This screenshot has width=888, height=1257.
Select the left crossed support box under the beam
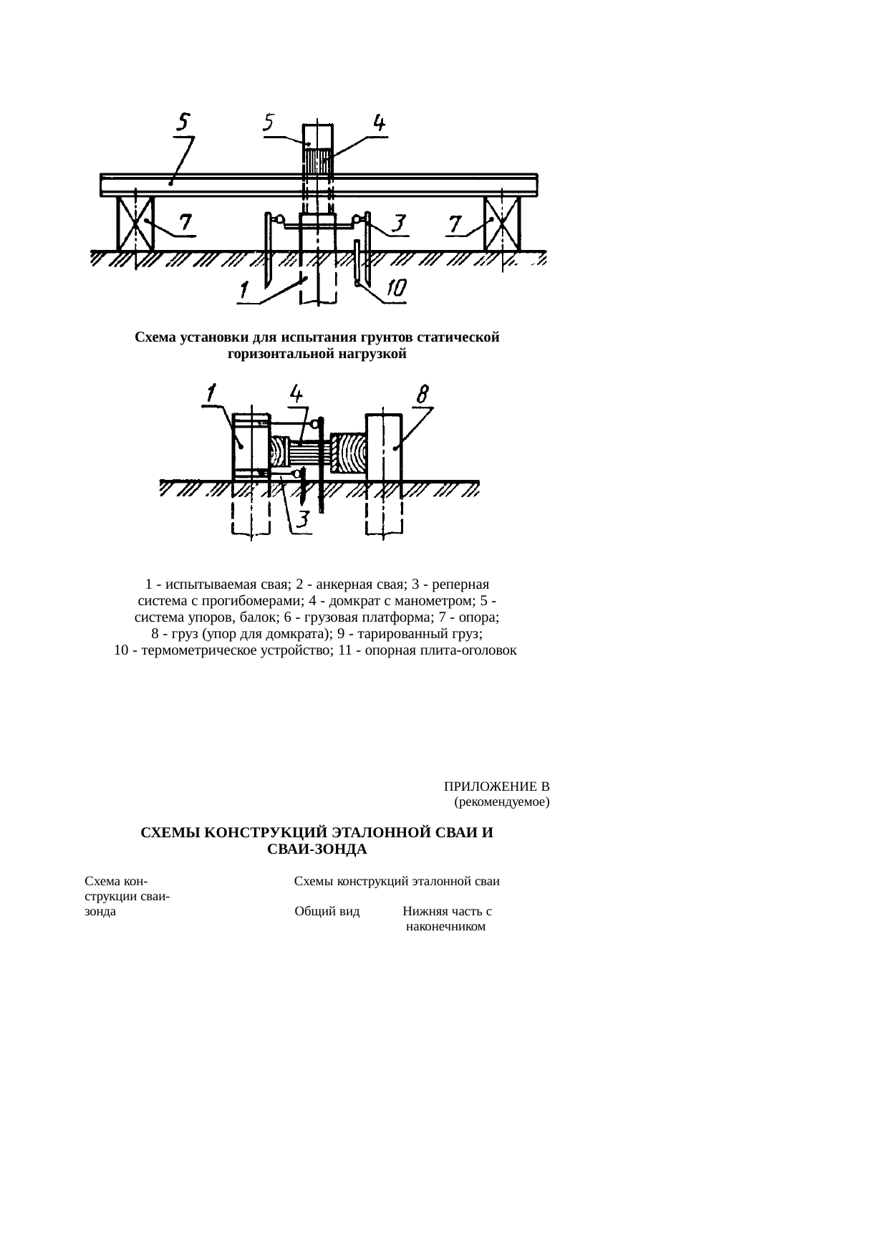tap(135, 223)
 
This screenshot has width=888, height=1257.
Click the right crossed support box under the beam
tap(503, 223)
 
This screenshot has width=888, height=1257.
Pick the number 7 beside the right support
tap(456, 225)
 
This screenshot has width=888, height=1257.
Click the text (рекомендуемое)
tap(502, 802)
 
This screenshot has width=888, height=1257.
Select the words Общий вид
tap(327, 912)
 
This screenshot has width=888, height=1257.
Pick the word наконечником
tap(445, 927)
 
